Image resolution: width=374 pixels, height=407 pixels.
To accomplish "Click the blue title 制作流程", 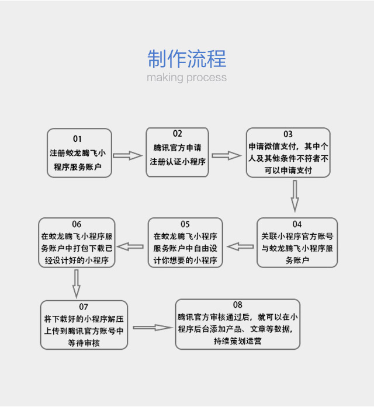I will click(x=186, y=59).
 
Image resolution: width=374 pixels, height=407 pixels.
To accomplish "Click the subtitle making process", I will click(x=186, y=78).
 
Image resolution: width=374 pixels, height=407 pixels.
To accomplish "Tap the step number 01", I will click(x=78, y=139).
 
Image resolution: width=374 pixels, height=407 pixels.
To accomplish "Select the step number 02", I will click(x=177, y=134).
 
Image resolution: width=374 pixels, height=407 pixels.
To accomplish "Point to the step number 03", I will click(x=288, y=134).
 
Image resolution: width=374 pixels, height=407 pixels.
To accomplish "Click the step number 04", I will click(x=297, y=224).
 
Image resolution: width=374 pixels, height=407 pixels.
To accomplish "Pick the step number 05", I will click(x=185, y=224).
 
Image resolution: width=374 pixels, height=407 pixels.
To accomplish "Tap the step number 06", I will click(x=77, y=224).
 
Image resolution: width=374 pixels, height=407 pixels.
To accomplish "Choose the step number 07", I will click(x=84, y=307).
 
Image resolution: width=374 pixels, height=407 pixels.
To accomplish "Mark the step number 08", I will click(x=237, y=305).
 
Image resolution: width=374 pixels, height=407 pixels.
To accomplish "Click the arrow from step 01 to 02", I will click(x=127, y=156).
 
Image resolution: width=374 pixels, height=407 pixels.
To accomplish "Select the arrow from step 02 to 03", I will click(x=226, y=156).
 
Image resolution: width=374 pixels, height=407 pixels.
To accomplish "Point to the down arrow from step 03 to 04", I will click(x=295, y=196).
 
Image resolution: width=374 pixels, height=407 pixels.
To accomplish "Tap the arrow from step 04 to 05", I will click(x=240, y=246).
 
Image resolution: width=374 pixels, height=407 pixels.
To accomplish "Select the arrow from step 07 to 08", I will click(x=153, y=328).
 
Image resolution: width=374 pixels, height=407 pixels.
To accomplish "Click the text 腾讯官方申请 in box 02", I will click(x=177, y=147).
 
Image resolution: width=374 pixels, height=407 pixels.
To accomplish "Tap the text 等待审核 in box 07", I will click(x=84, y=343).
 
